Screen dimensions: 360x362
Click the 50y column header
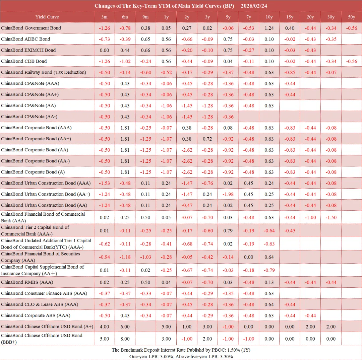pos(352,17)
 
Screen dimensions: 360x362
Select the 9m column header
pos(145,17)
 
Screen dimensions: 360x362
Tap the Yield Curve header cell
pos(47,17)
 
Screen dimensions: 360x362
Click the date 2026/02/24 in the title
pos(254,6)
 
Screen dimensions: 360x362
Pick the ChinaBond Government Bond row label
pos(31,28)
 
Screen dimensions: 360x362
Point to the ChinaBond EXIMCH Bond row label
pos(28,50)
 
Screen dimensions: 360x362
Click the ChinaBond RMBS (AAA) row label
pos(27,282)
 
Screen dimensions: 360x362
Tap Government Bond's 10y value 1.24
pos(269,28)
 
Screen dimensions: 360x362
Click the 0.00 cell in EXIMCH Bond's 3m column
pos(104,50)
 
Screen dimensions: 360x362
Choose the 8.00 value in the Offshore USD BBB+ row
pos(125,339)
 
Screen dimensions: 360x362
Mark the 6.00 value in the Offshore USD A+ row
pos(125,327)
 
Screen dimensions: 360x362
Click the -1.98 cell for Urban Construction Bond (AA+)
pos(228,194)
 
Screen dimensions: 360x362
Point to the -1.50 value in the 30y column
pos(331,218)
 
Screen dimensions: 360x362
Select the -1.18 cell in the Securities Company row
pos(125,257)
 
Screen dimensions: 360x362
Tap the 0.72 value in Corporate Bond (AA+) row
pos(207,139)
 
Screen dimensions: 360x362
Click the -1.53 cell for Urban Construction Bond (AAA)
pos(104,183)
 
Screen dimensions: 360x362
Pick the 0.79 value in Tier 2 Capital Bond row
pos(228,231)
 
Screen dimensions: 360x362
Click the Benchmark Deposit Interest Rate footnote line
pos(181,350)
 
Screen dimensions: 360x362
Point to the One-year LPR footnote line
pos(181,357)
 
